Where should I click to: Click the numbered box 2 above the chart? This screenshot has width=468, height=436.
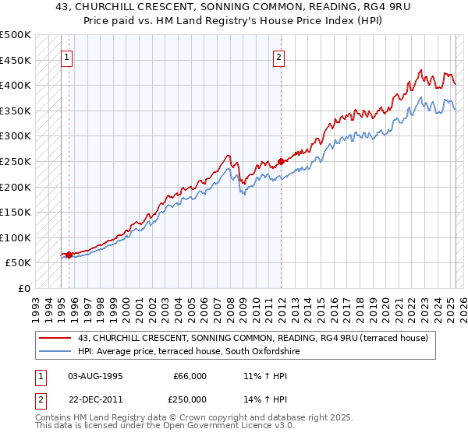(x=279, y=56)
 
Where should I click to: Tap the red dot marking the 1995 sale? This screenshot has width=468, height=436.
(x=69, y=255)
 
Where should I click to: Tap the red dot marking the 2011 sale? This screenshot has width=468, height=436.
(x=281, y=161)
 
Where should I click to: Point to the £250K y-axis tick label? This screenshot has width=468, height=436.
(x=16, y=161)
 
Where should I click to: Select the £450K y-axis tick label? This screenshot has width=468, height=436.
(x=16, y=60)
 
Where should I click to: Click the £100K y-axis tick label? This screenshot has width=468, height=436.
(x=16, y=237)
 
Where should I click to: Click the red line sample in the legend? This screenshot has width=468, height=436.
(x=55, y=339)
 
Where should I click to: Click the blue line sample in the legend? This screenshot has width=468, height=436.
(x=55, y=352)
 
